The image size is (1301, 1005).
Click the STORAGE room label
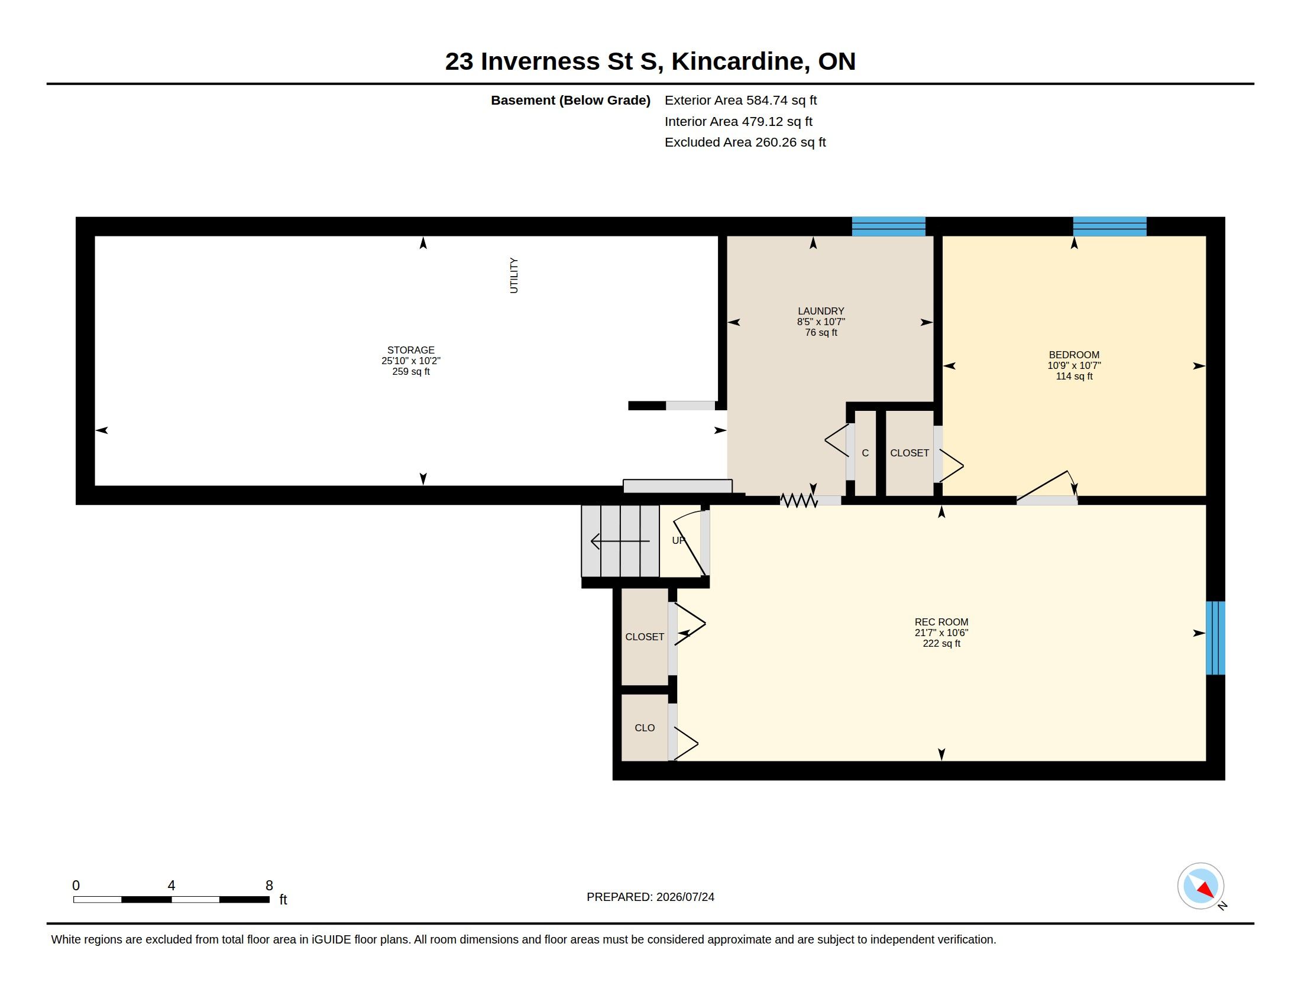[410, 350]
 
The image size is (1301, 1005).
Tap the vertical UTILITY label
[513, 275]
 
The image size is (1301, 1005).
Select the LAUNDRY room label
[821, 311]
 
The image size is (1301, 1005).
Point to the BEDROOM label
[1074, 355]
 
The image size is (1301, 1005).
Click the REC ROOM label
[941, 622]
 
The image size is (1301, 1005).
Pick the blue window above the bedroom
[1110, 226]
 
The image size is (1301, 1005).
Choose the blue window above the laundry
[888, 226]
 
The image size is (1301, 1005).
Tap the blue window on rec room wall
[1215, 638]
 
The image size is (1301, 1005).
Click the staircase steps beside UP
[620, 540]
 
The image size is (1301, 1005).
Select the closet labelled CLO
[645, 728]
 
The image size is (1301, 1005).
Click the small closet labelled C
[865, 453]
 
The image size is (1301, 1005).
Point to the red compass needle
[1206, 890]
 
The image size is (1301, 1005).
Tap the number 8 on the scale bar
[269, 886]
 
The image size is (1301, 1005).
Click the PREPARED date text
[650, 897]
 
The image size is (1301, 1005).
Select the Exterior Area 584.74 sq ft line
[740, 100]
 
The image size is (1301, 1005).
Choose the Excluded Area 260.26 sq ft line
[745, 142]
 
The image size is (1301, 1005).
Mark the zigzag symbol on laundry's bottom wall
[799, 501]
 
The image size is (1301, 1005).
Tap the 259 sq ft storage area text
[410, 371]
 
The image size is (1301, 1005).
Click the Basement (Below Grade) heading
[570, 100]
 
